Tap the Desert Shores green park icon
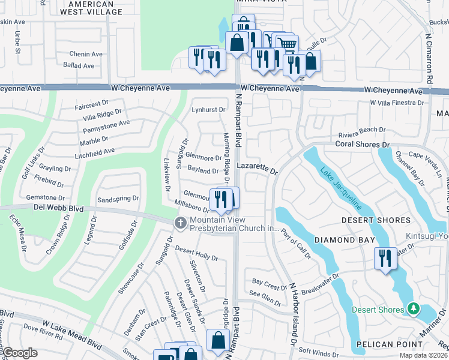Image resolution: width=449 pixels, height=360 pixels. tap(412, 308)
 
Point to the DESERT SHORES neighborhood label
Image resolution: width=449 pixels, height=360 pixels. tap(375, 220)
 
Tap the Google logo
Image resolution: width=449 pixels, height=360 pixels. tap(20, 353)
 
